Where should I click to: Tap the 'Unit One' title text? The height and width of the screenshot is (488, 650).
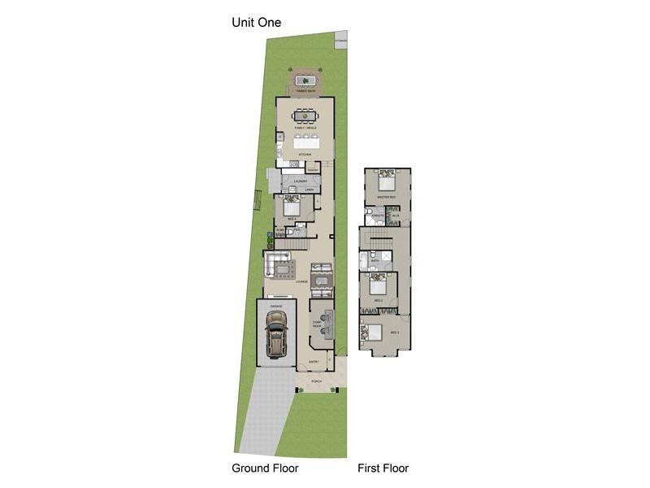point(257,23)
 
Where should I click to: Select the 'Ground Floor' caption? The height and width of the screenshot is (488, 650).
point(265,468)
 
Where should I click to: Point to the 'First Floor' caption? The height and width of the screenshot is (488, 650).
point(383,468)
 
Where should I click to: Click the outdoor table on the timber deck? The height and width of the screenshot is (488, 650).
point(306,80)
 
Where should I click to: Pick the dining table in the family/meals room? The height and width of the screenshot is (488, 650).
point(305,116)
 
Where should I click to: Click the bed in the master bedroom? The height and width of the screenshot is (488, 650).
point(387,181)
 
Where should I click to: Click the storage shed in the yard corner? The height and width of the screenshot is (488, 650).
point(341,39)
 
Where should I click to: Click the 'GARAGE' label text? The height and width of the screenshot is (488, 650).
point(276,305)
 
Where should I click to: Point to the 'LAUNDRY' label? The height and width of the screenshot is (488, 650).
point(300,181)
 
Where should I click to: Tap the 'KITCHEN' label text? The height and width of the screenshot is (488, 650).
point(305,154)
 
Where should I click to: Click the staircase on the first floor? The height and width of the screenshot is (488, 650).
point(379,238)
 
